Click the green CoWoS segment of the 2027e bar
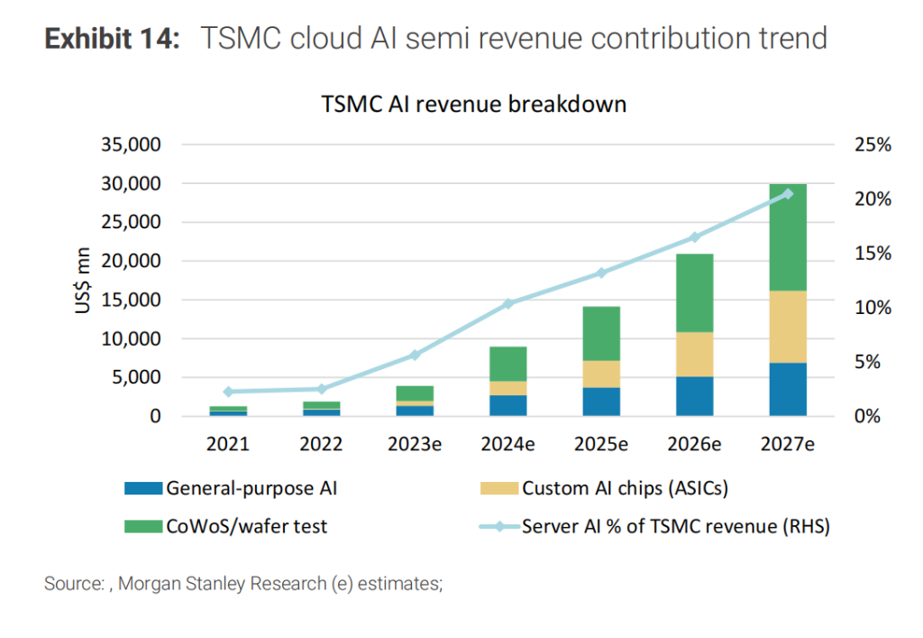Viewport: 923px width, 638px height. (x=788, y=236)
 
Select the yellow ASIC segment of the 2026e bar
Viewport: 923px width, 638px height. (x=694, y=354)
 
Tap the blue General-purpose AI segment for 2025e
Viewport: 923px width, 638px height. (x=601, y=401)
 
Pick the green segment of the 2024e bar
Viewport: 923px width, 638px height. (x=508, y=364)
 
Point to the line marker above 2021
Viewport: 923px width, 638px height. (x=228, y=392)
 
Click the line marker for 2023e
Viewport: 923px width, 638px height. (x=415, y=355)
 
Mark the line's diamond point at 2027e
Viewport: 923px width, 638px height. (x=788, y=193)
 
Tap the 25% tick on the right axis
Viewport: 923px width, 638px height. (x=871, y=144)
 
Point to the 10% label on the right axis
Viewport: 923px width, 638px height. (x=871, y=308)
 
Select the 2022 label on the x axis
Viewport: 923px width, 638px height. (x=321, y=444)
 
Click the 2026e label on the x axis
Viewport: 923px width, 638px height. (x=694, y=444)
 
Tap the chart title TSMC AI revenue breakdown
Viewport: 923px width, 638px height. (x=473, y=105)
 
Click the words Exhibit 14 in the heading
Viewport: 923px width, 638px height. (x=114, y=39)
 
